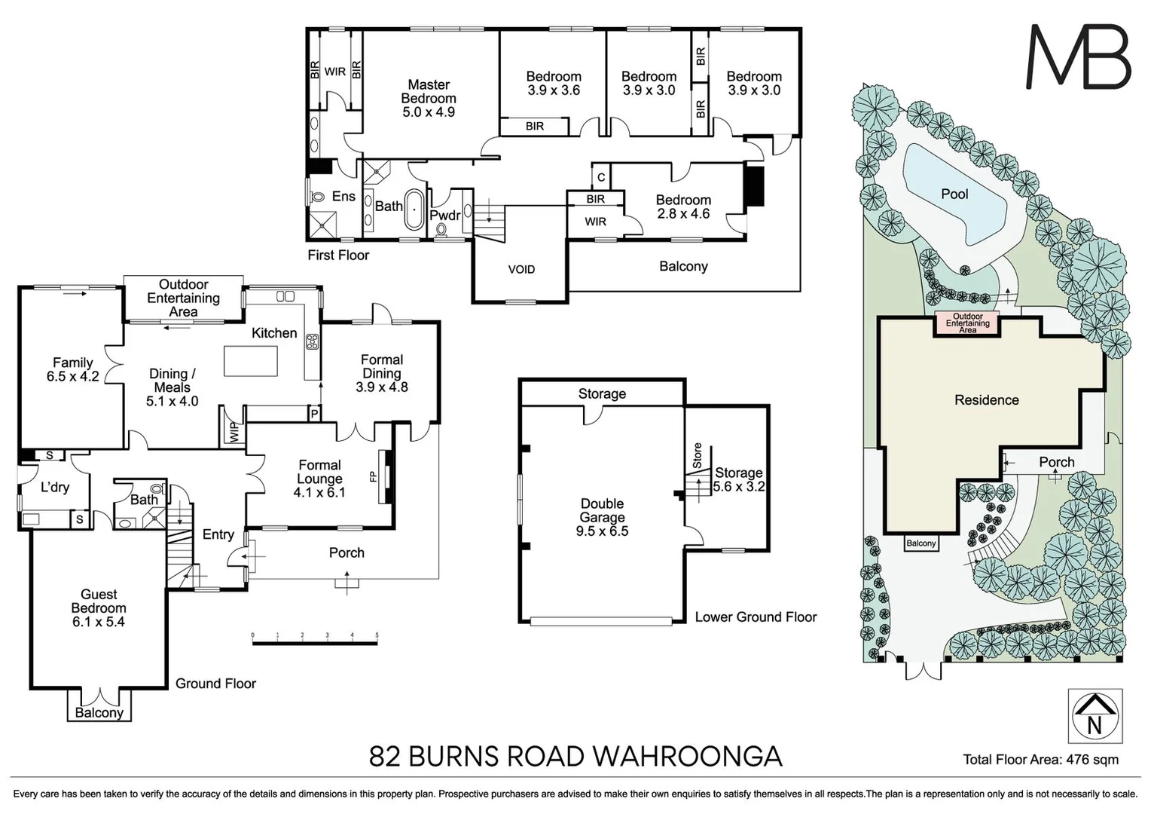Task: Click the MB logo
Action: pyautogui.click(x=1079, y=57)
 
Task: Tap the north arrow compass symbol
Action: pyautogui.click(x=1095, y=716)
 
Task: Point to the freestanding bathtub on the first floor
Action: pyautogui.click(x=414, y=210)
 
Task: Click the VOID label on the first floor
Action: pyautogui.click(x=521, y=269)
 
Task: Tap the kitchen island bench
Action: pyautogui.click(x=250, y=360)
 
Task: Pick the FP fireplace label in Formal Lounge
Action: pyautogui.click(x=373, y=476)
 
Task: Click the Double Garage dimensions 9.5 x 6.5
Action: pyautogui.click(x=602, y=531)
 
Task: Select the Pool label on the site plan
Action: pyautogui.click(x=954, y=194)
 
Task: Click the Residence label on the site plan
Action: pyautogui.click(x=986, y=400)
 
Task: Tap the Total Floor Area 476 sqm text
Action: pyautogui.click(x=1040, y=760)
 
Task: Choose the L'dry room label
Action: pyautogui.click(x=55, y=487)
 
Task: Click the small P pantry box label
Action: pyautogui.click(x=314, y=414)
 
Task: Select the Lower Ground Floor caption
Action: pyautogui.click(x=756, y=617)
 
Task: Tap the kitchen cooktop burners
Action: pyautogui.click(x=313, y=341)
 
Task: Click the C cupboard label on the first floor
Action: pyautogui.click(x=601, y=177)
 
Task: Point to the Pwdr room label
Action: pyautogui.click(x=445, y=215)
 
